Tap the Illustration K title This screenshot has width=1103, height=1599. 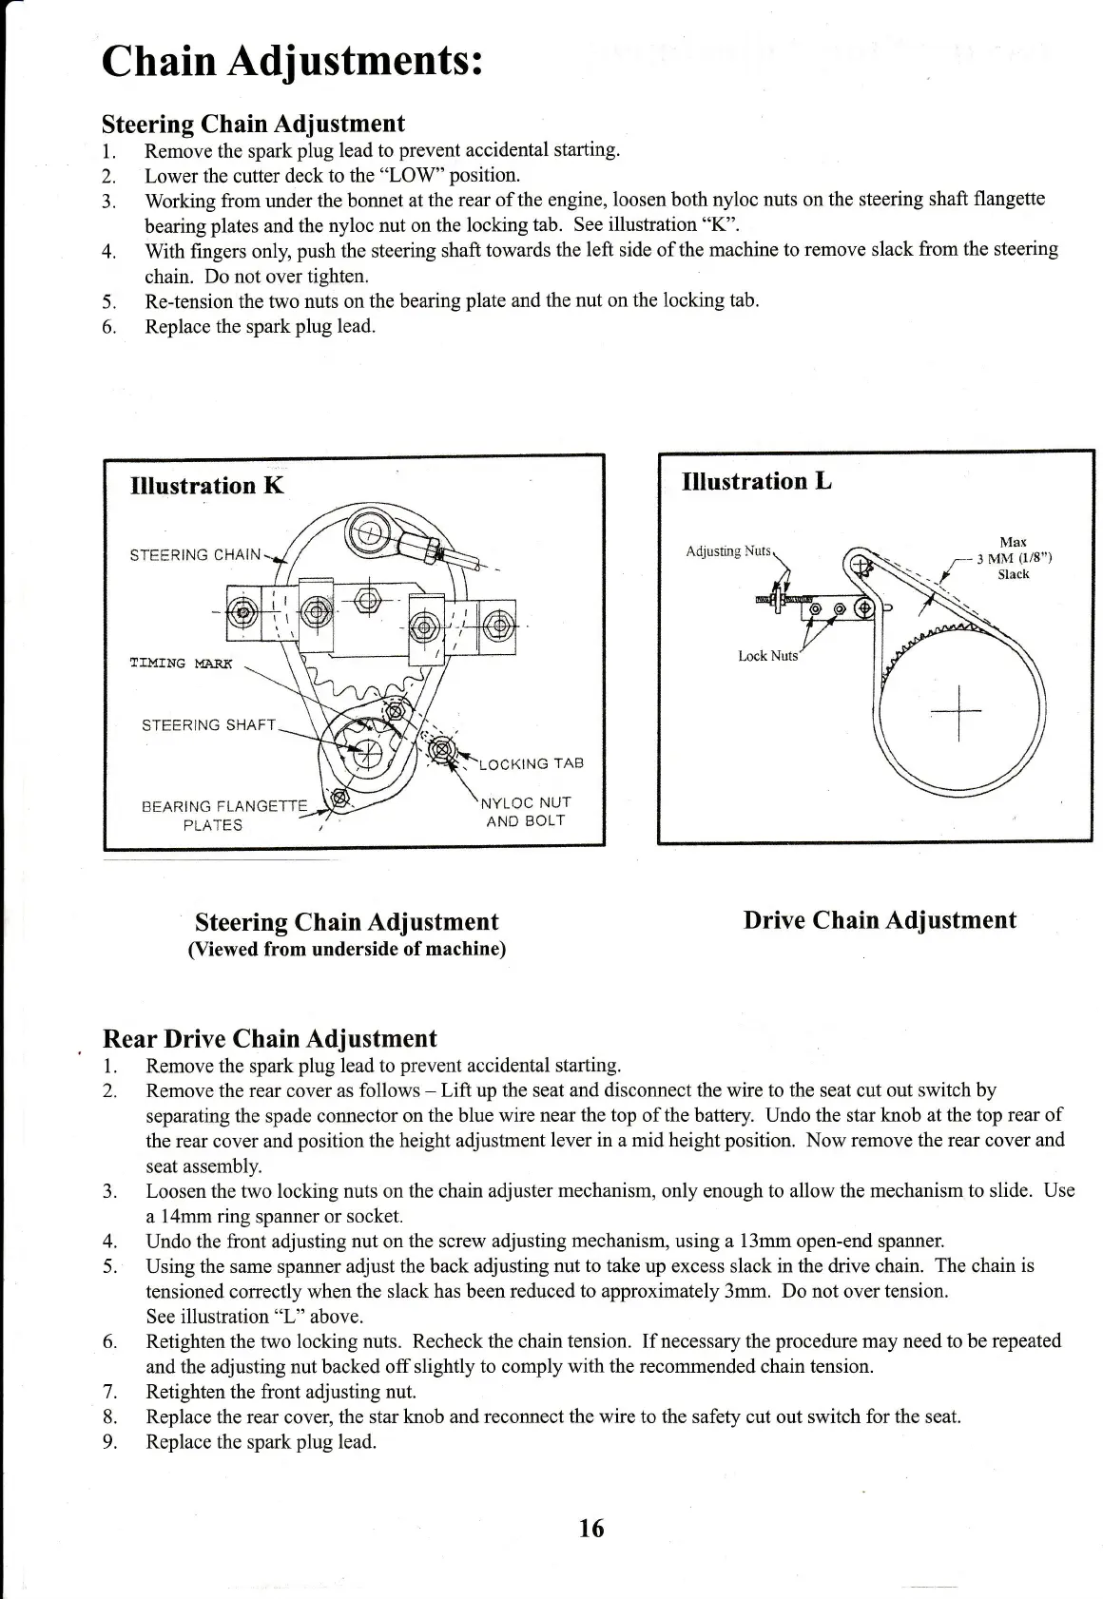pos(206,486)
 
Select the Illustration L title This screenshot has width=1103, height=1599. pos(757,481)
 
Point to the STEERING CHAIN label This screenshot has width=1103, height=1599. pos(195,555)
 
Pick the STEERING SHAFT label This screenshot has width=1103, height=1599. pos(208,725)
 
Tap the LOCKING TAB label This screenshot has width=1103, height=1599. pos(531,763)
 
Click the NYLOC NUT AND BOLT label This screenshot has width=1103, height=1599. pos(526,812)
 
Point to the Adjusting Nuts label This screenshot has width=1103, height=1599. pos(727,550)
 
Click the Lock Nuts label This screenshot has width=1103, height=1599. pos(768,656)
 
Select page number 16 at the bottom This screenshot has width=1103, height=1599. pos(590,1528)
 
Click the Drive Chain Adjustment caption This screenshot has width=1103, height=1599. pos(880,920)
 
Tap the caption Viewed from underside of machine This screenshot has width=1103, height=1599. pos(347,949)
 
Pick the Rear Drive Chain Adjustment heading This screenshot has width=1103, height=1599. pos(269,1038)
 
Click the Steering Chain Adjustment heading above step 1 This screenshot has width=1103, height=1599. pos(253,124)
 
